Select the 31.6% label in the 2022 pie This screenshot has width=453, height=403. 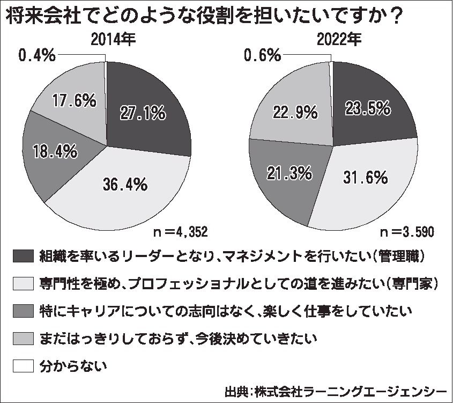364,178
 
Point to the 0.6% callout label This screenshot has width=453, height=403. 263,55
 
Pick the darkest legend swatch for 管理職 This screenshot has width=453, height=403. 23,255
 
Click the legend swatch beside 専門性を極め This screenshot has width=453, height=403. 23,283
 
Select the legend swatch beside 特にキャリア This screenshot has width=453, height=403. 23,310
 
